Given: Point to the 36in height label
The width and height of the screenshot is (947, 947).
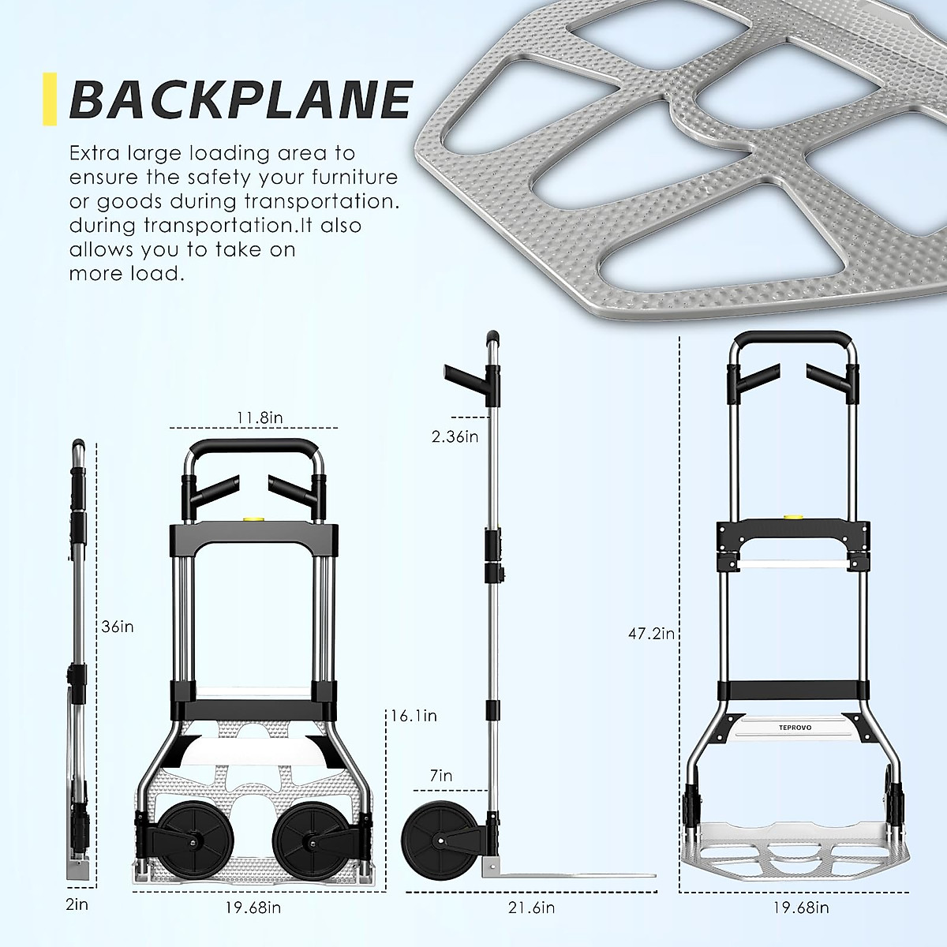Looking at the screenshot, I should pyautogui.click(x=118, y=627).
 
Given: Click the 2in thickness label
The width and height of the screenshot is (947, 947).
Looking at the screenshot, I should pyautogui.click(x=77, y=904).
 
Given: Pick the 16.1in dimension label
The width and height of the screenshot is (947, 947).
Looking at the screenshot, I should pyautogui.click(x=414, y=716).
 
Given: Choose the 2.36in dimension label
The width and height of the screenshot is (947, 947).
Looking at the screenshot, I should pyautogui.click(x=455, y=436).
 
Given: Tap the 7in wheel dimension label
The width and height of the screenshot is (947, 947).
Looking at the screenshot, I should pyautogui.click(x=441, y=776).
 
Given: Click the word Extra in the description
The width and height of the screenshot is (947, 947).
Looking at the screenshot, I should pyautogui.click(x=97, y=153).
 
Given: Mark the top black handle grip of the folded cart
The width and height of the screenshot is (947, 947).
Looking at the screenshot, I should pyautogui.click(x=253, y=445).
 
